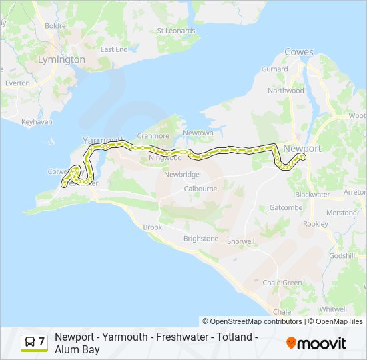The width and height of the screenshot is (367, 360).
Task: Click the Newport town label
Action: (302, 148)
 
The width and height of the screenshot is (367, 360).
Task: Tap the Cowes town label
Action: (298, 52)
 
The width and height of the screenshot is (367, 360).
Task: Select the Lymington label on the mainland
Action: (61, 59)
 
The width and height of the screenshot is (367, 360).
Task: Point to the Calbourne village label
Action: (200, 189)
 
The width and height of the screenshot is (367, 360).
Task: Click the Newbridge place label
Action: (181, 174)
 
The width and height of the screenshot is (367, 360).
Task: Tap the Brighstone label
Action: (200, 238)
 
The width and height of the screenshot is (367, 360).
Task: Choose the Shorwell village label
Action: (240, 241)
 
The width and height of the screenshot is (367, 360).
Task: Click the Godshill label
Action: (342, 255)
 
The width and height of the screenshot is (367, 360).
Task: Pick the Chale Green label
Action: (282, 283)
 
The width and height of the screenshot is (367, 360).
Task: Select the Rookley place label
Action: (316, 224)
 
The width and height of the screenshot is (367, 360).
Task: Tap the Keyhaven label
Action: (36, 122)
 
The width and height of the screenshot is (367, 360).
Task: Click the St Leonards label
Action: (175, 31)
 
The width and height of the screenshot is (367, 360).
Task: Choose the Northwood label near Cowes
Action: (285, 91)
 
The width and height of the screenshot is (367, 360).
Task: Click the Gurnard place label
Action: (274, 69)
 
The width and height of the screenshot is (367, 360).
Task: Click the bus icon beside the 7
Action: (29, 342)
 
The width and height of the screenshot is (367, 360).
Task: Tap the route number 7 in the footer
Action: (41, 342)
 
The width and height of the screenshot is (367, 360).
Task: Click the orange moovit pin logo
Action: (291, 343)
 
